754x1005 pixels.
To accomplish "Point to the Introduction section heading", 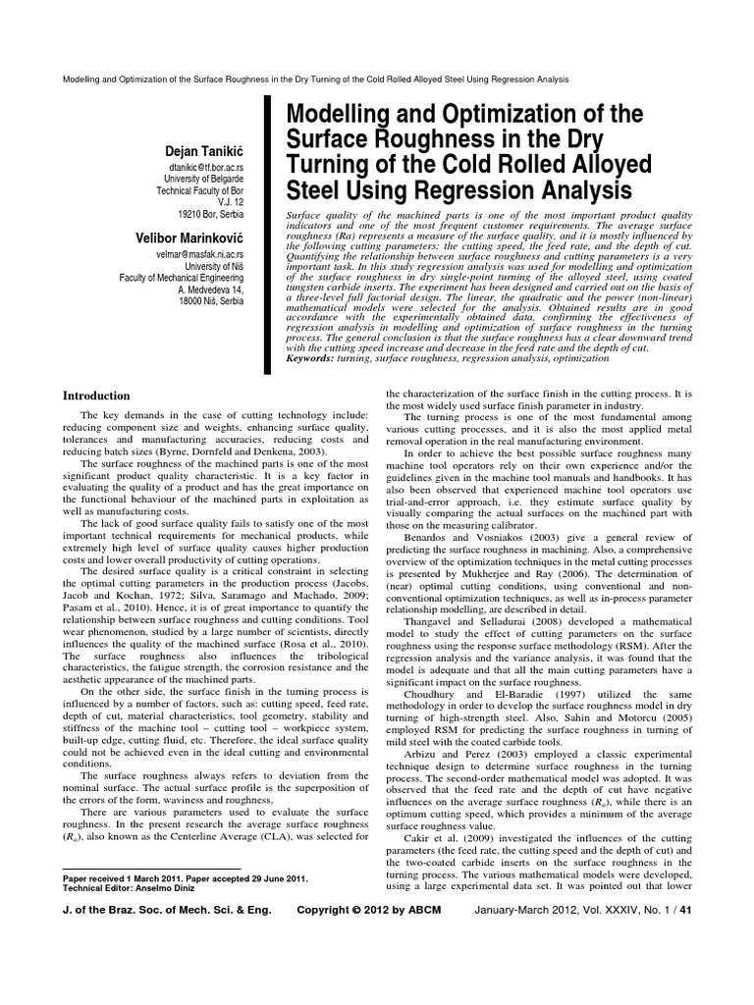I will pos(96,396).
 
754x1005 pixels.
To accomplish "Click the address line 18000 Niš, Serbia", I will pos(212,299).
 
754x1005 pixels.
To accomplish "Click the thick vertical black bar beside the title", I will pos(266,236).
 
